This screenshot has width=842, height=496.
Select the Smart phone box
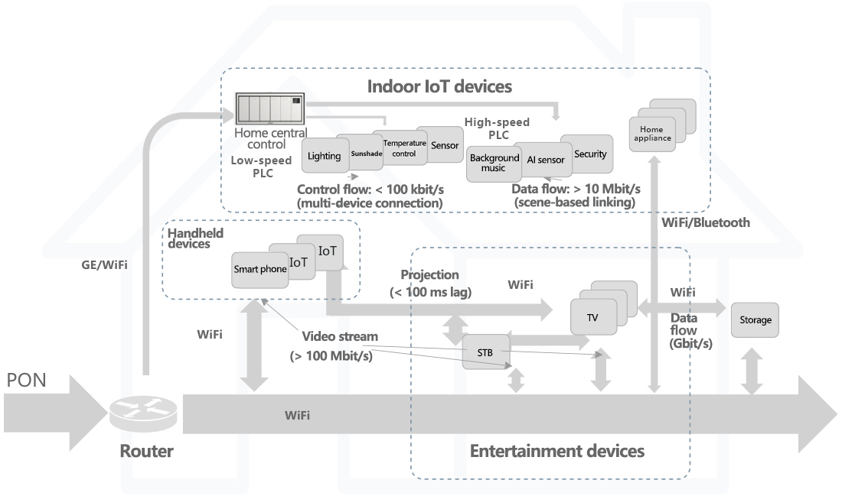[259, 270]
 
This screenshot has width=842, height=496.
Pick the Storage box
[755, 320]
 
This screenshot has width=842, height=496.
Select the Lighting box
[324, 156]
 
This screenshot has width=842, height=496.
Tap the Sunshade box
[365, 153]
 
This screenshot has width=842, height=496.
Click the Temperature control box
[403, 148]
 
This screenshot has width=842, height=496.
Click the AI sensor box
[545, 160]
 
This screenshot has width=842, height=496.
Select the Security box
[589, 154]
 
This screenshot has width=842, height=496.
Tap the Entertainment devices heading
[556, 451]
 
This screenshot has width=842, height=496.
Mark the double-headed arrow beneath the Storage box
[753, 372]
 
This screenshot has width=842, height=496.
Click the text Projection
[429, 275]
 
